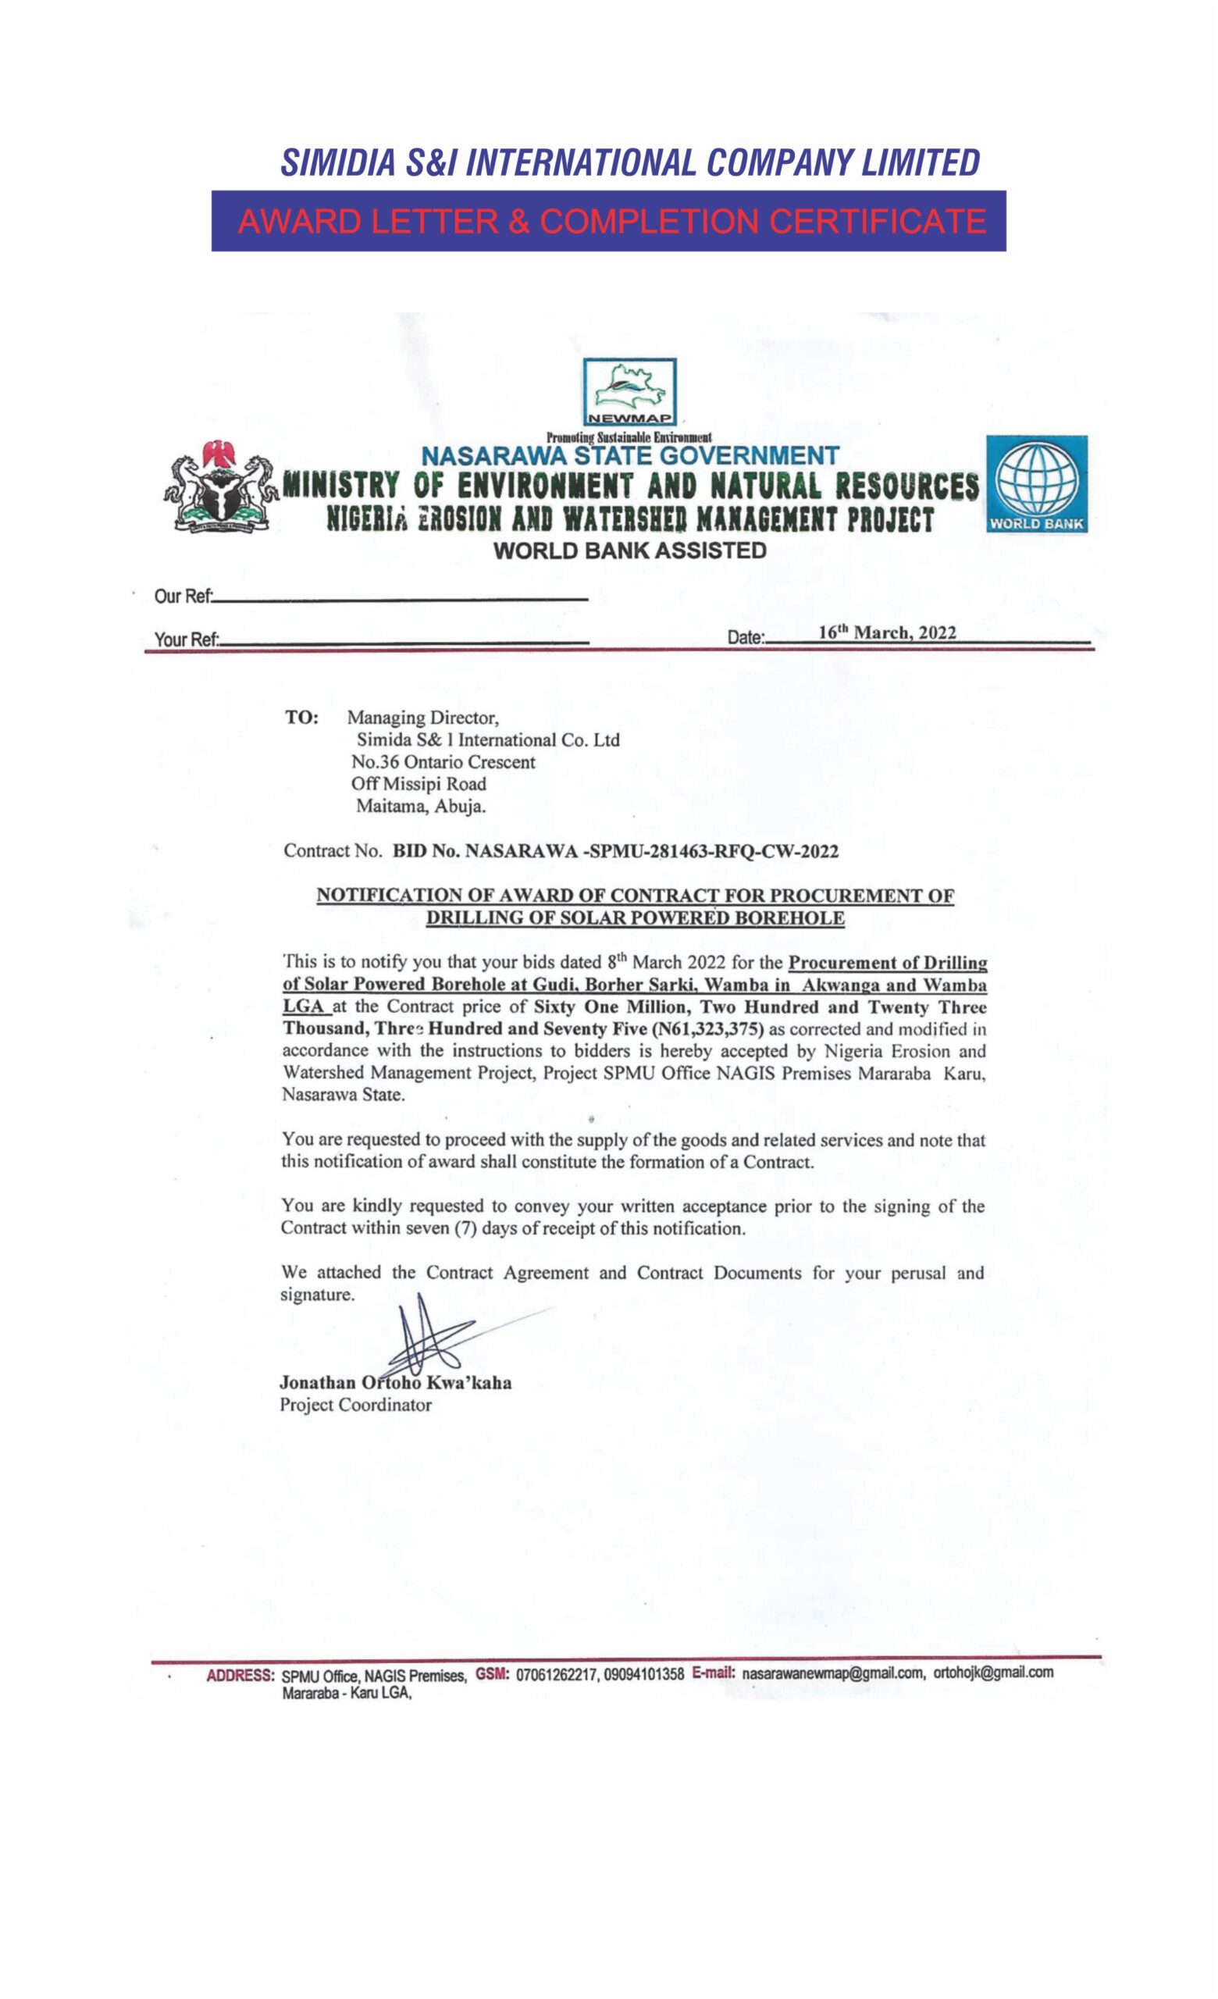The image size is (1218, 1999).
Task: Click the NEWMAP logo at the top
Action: (629, 392)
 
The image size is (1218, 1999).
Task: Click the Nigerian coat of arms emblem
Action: (219, 486)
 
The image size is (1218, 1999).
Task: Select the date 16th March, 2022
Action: (886, 633)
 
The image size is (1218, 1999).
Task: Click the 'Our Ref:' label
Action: (183, 597)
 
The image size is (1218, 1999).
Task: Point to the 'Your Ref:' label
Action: (187, 640)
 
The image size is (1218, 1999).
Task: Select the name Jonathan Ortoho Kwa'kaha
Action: (396, 1382)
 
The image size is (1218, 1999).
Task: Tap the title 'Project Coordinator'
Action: (356, 1405)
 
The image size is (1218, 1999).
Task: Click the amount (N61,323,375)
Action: (713, 1029)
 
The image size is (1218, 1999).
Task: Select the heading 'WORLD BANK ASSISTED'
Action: (629, 551)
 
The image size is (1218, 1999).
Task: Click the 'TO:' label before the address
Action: (301, 718)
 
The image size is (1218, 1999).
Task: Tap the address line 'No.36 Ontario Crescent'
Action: (443, 762)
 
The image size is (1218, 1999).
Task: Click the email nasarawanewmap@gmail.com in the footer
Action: (833, 1673)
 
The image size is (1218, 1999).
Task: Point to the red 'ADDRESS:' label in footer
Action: (240, 1674)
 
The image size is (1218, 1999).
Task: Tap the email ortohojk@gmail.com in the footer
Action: (993, 1672)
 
